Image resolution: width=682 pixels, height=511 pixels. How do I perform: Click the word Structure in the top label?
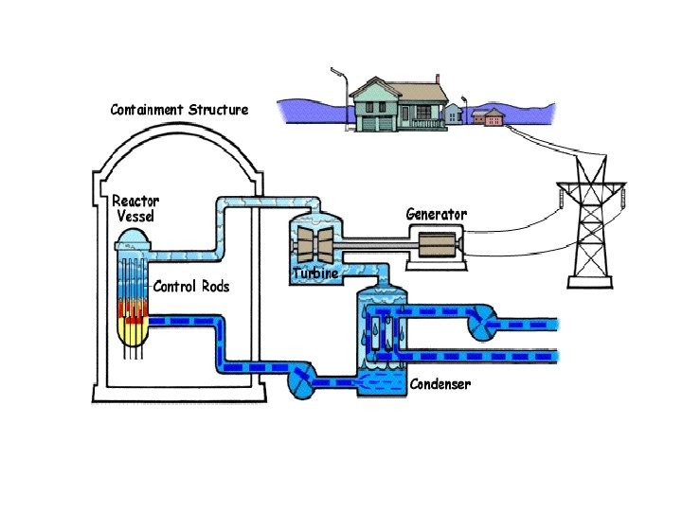click(219, 110)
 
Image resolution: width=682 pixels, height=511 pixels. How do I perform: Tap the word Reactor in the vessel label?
click(135, 201)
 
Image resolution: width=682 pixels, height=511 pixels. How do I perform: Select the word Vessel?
click(135, 216)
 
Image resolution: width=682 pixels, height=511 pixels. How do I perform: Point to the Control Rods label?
click(190, 286)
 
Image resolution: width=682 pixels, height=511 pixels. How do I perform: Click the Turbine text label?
click(315, 273)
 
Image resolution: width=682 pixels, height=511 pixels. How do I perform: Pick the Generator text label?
click(437, 214)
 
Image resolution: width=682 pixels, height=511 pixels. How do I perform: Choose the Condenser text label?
click(440, 385)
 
